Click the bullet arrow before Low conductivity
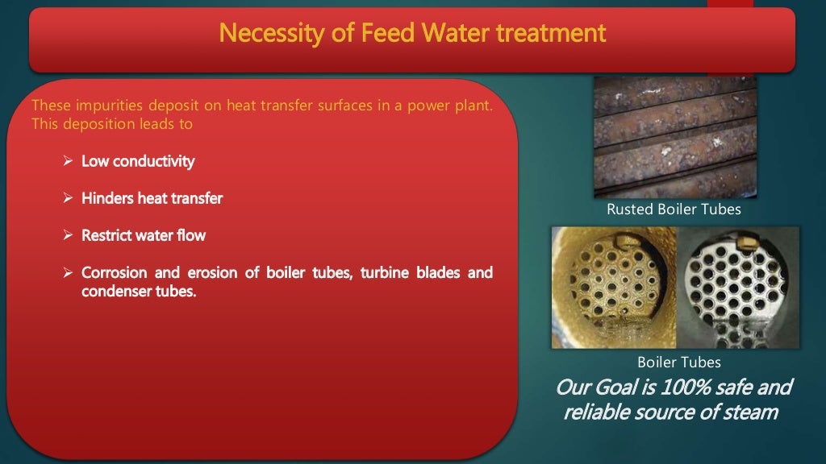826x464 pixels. point(69,162)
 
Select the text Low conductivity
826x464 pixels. point(138,162)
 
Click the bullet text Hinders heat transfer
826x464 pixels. point(152,198)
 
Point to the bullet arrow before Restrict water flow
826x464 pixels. point(69,236)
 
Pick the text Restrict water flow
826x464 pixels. point(144,236)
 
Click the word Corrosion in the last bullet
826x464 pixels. point(115,273)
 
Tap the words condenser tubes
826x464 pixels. point(139,292)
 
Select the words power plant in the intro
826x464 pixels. point(454,107)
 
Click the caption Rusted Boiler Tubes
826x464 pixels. point(674,209)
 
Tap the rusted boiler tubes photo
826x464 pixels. point(675,137)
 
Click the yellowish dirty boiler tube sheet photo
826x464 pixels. point(614,287)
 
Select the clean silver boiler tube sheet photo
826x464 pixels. point(737,287)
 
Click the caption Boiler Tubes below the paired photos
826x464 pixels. point(678,362)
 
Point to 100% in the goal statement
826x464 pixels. point(686,388)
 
